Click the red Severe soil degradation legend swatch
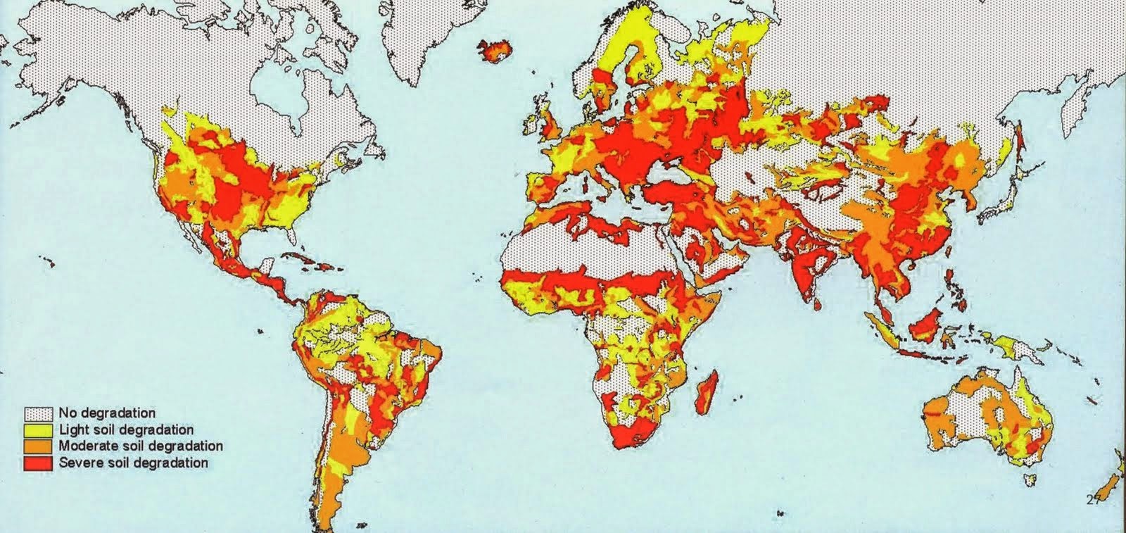click(x=39, y=463)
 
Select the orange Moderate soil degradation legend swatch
click(x=39, y=446)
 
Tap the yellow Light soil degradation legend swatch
click(x=39, y=429)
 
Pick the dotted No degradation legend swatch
click(x=39, y=413)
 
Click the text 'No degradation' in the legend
click(x=107, y=413)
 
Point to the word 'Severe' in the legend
click(x=78, y=463)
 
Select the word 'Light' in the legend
click(x=72, y=429)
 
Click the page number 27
click(x=1092, y=500)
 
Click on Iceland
click(x=495, y=49)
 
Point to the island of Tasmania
click(x=1031, y=481)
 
